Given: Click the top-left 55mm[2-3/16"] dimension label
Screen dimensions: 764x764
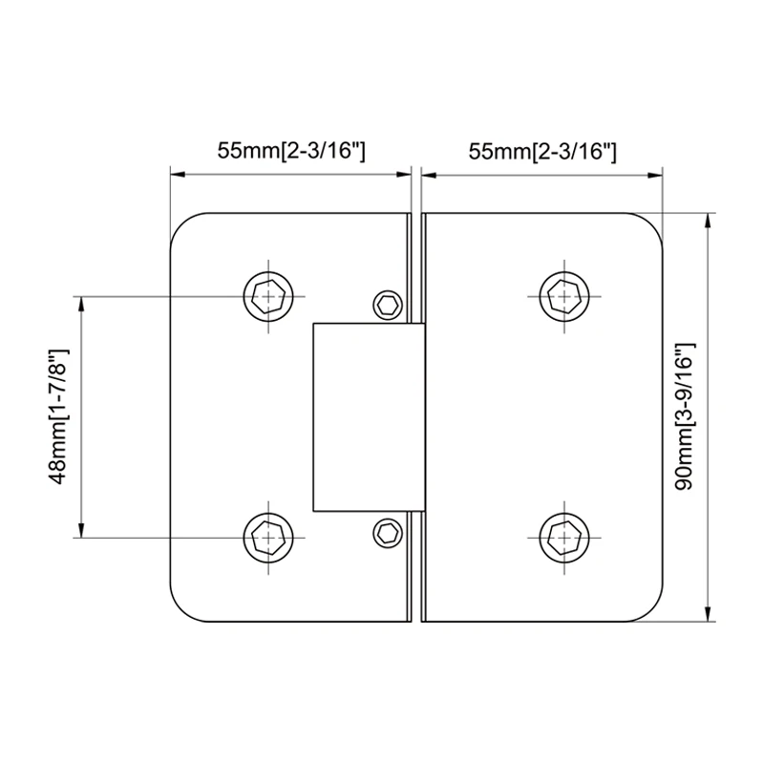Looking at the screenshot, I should pos(291,151).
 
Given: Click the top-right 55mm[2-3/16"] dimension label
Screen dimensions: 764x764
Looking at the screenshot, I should pos(541,151).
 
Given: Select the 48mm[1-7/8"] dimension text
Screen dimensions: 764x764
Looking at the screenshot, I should pos(59,417).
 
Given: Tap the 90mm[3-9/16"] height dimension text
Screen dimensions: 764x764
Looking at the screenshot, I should pos(684,417).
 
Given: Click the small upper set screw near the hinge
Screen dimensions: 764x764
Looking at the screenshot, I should pos(387,305).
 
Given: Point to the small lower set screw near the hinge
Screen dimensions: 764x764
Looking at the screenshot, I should pos(387,532).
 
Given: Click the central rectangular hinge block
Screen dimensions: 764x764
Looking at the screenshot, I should pos(367,417).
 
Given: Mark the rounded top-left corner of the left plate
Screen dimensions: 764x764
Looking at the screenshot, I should pos(181,223).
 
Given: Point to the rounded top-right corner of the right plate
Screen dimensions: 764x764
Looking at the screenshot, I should pos(651,223).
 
